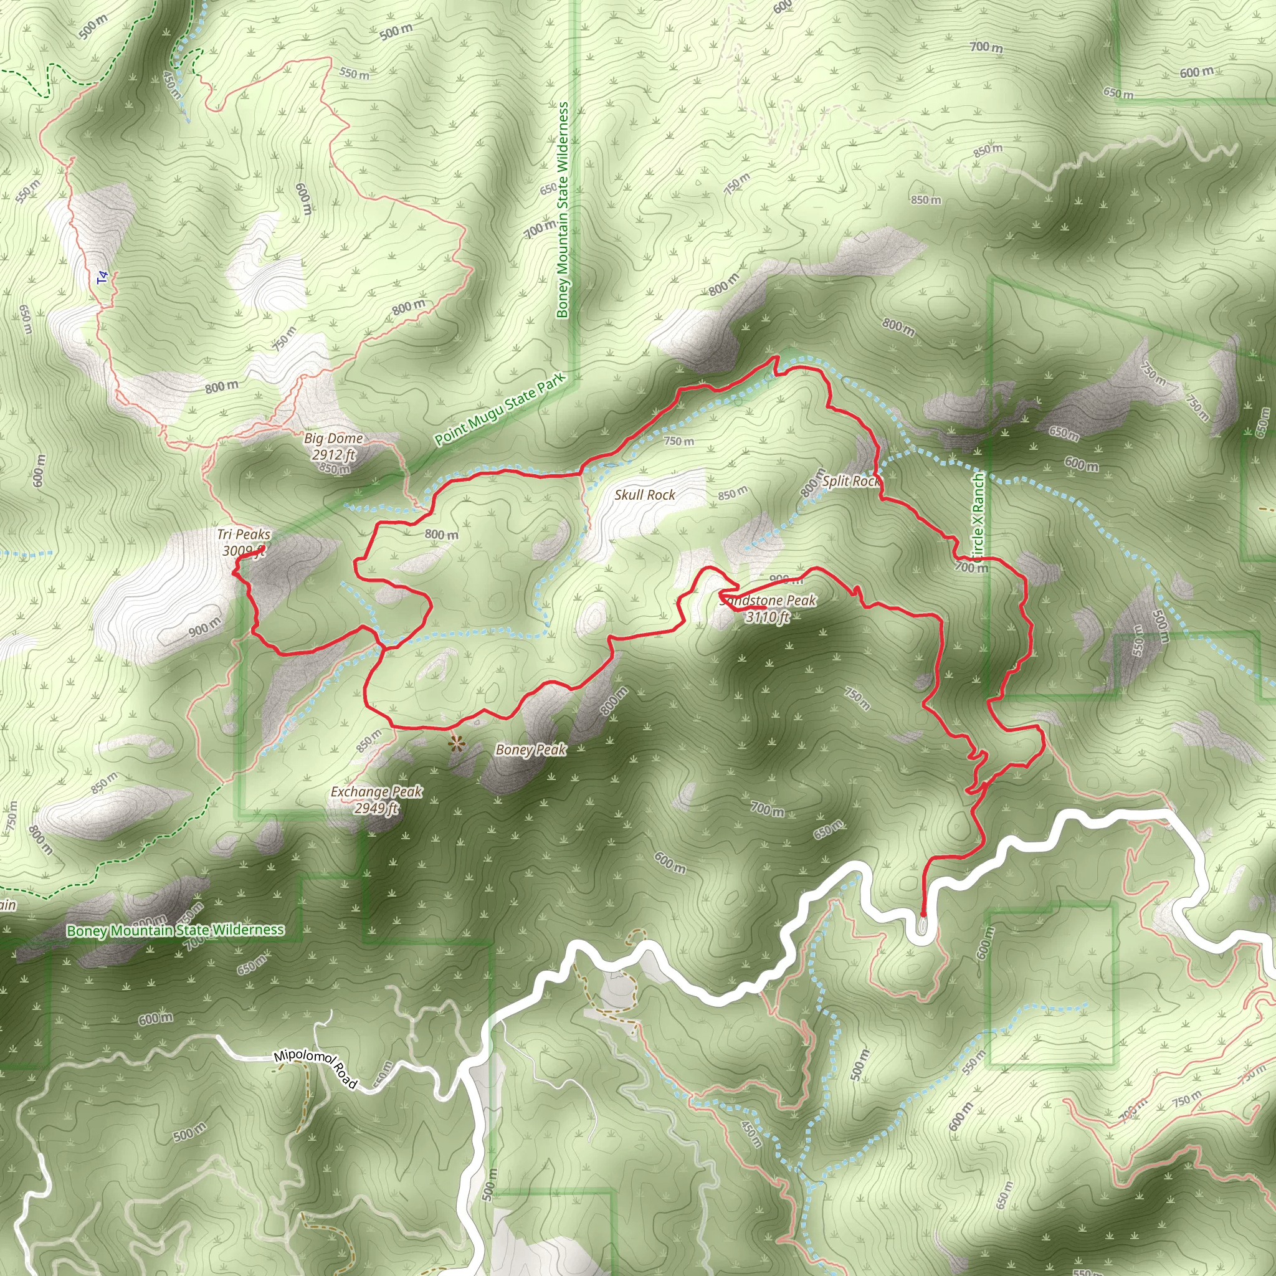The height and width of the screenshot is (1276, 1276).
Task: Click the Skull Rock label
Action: coord(645,495)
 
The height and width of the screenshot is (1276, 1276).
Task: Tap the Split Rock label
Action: coord(850,481)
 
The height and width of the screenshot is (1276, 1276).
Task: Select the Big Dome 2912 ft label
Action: coord(333,446)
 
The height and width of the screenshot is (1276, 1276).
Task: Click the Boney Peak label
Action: coord(530,749)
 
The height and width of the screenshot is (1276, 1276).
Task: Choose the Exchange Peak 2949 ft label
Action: coord(376,799)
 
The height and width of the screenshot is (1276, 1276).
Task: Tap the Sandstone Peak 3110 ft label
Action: coord(768,608)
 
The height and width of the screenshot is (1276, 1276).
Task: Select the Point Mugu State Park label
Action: coord(500,409)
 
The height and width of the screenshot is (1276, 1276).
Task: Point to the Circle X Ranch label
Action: coord(978,515)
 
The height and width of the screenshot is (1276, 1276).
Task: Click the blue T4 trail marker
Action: coord(102,278)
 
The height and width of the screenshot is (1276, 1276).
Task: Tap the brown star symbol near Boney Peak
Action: coord(455,745)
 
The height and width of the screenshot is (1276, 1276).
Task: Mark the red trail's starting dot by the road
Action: coord(923,915)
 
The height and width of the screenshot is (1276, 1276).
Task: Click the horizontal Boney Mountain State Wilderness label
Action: coord(176,930)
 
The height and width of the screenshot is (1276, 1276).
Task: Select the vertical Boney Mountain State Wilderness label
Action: coord(562,209)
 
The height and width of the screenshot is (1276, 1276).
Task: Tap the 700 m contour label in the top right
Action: coord(986,46)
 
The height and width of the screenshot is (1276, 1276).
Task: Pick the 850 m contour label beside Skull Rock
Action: coord(733,493)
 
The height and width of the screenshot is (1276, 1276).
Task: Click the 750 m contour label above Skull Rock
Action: coord(678,440)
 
